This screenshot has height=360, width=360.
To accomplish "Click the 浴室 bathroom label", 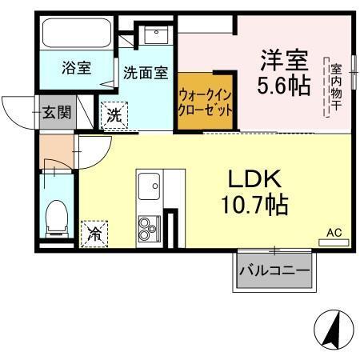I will (77, 69).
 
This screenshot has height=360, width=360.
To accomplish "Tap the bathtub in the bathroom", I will (77, 33).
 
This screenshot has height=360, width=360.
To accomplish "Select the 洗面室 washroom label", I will (145, 72).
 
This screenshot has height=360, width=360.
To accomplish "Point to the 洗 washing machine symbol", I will (114, 114).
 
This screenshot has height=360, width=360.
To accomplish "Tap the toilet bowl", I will (56, 218).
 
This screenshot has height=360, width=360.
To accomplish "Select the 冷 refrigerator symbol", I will (94, 234).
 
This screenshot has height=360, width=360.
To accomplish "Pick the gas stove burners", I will (148, 230).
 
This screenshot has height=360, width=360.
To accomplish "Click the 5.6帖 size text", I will (283, 84).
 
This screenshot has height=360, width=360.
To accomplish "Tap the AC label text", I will (334, 233).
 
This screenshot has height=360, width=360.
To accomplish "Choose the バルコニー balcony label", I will (274, 272).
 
